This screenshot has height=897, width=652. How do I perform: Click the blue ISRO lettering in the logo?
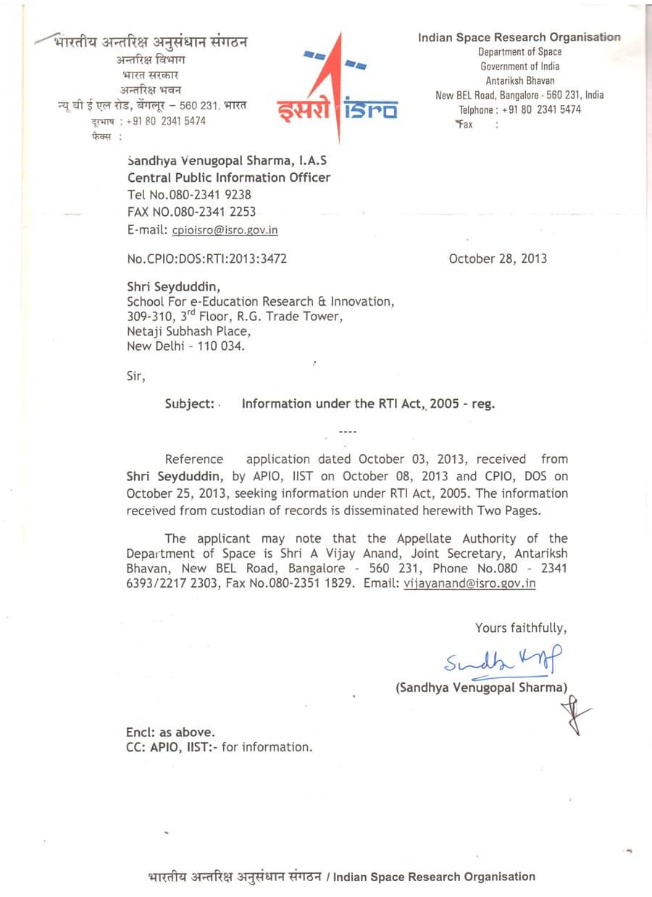(x=370, y=109)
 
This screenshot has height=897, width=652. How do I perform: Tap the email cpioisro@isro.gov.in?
(x=225, y=230)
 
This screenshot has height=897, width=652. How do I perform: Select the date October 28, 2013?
(x=498, y=259)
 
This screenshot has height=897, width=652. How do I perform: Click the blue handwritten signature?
(x=499, y=660)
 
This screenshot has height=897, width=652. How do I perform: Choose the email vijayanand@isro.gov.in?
(x=469, y=583)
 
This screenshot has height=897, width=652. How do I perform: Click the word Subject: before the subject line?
(x=190, y=404)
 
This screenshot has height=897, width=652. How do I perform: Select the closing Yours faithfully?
(x=521, y=628)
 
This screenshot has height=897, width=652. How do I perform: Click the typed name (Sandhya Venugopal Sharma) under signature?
(x=482, y=688)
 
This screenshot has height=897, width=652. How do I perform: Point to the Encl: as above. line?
(x=170, y=733)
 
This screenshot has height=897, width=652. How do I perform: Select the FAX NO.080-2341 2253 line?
(x=191, y=212)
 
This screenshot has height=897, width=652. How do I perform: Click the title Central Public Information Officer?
(x=229, y=178)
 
